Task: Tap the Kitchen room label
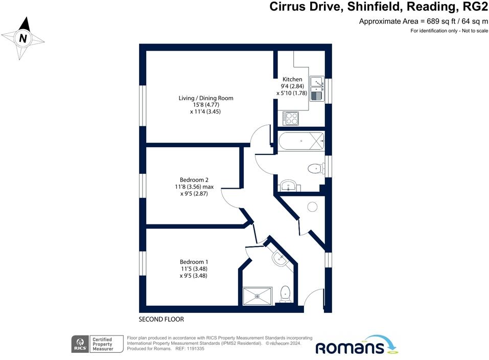click(x=292, y=79)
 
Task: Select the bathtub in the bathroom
click(x=301, y=140)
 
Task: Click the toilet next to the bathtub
click(x=315, y=168)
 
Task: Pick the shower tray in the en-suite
click(x=257, y=295)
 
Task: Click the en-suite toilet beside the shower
click(x=286, y=294)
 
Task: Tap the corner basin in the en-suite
click(x=280, y=258)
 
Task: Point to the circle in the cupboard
click(x=312, y=207)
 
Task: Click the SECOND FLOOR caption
click(x=161, y=319)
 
